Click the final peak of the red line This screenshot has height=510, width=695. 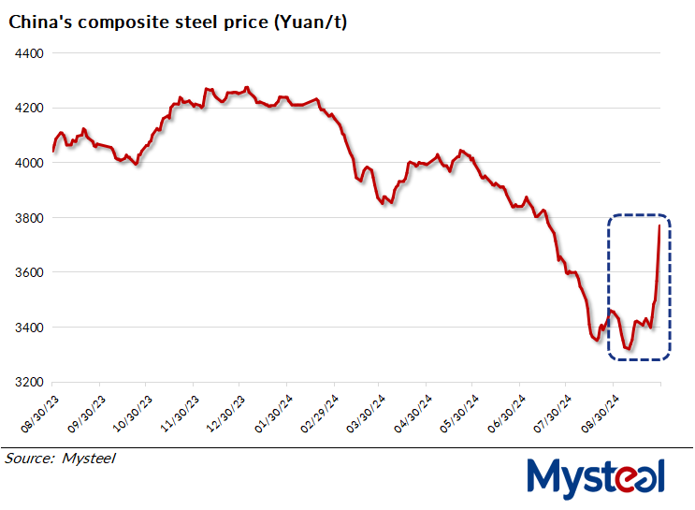[659, 226]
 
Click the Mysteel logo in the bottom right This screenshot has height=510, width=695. [596, 476]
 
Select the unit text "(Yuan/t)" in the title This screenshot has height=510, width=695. [313, 22]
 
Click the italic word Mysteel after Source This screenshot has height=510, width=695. [89, 459]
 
